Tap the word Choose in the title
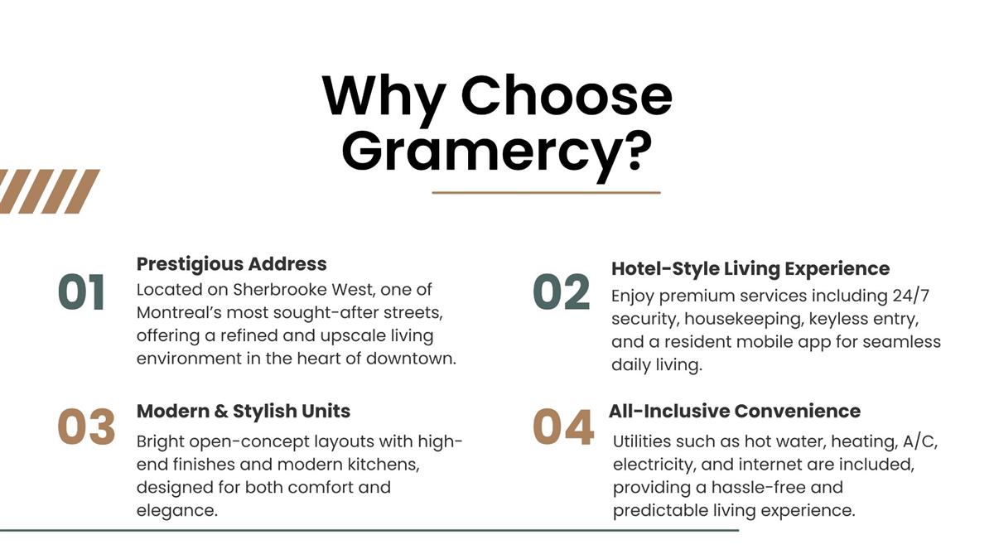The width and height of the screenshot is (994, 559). pyautogui.click(x=567, y=96)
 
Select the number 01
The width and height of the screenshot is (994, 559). pyautogui.click(x=82, y=292)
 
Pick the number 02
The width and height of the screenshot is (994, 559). pyautogui.click(x=562, y=292)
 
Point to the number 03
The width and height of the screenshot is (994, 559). pyautogui.click(x=86, y=426)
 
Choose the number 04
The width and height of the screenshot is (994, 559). pyautogui.click(x=563, y=426)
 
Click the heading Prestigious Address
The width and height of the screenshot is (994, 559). pyautogui.click(x=232, y=265)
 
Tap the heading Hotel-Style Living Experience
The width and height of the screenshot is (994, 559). pyautogui.click(x=750, y=269)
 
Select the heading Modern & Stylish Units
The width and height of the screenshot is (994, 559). pyautogui.click(x=244, y=412)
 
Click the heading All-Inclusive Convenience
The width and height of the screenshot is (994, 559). pyautogui.click(x=735, y=412)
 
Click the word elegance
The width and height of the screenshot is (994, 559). pyautogui.click(x=177, y=511)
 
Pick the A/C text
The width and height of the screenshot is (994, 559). pyautogui.click(x=920, y=442)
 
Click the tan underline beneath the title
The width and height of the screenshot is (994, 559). pyautogui.click(x=546, y=193)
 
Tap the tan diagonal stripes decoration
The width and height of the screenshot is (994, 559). pyautogui.click(x=50, y=191)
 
